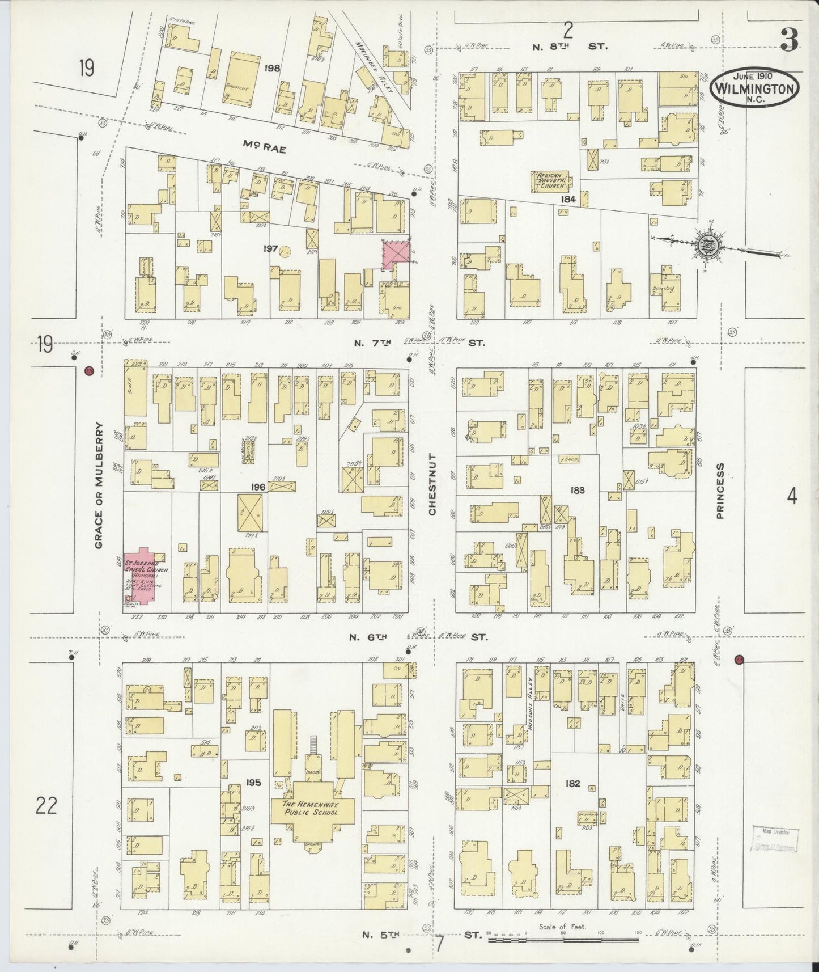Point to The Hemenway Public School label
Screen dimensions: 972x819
(311, 808)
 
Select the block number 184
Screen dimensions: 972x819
(568, 199)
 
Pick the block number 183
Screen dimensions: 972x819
(578, 489)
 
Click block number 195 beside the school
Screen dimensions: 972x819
(253, 783)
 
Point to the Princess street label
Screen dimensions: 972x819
(720, 491)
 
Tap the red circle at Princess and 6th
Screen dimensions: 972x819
(739, 660)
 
